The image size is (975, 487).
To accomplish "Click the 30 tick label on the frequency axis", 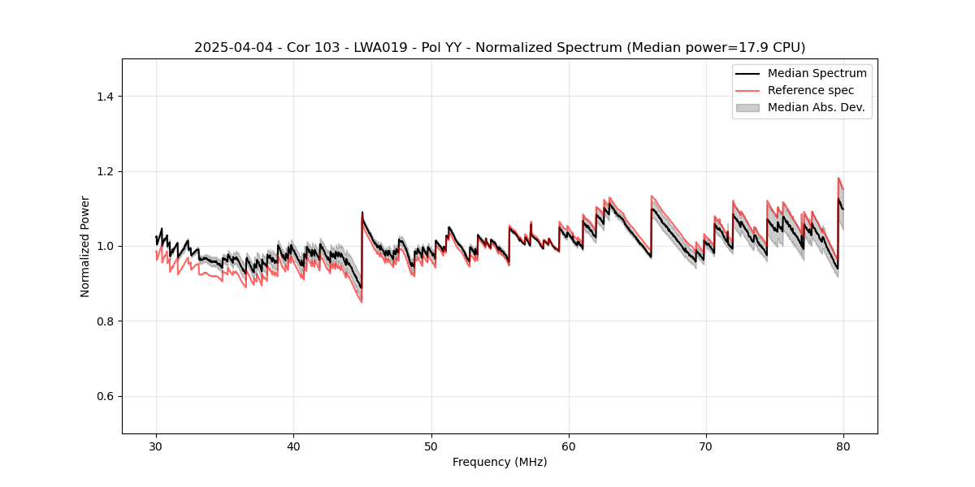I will tap(156, 446).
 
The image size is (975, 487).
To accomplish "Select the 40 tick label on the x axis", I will tap(293, 446).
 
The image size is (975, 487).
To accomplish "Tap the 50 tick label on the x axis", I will tap(431, 446).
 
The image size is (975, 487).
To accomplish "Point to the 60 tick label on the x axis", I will tap(569, 446).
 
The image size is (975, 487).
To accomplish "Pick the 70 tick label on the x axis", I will tap(706, 446).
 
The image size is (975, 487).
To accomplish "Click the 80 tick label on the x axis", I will tap(843, 446).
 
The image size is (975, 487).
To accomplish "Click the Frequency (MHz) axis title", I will tap(500, 462).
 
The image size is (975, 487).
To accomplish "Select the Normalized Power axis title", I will tap(85, 246).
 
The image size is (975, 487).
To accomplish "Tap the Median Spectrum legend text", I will tap(817, 73).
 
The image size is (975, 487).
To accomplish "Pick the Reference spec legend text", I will tap(811, 90).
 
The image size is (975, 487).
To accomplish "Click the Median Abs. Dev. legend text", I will tap(816, 107).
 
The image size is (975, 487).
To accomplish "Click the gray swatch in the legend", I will tap(747, 107).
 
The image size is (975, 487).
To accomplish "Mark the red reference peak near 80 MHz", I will tap(838, 178).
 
